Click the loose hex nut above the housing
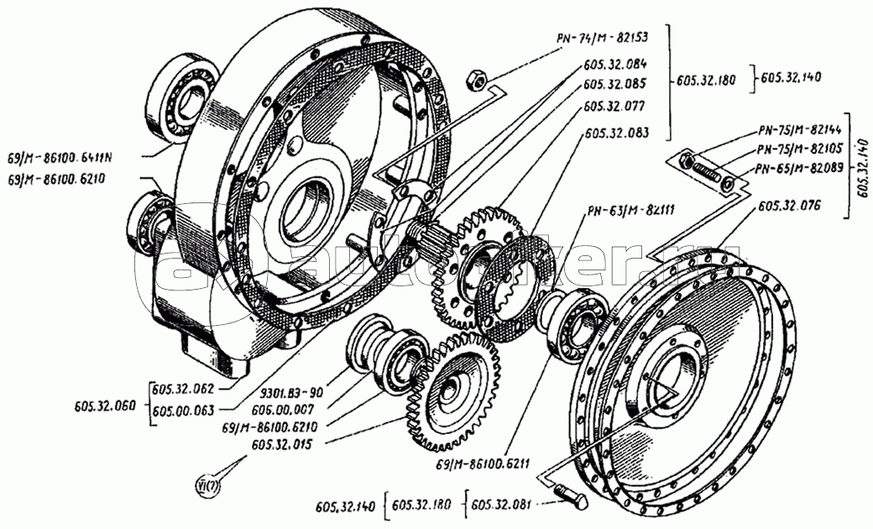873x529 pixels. [x=473, y=80]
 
